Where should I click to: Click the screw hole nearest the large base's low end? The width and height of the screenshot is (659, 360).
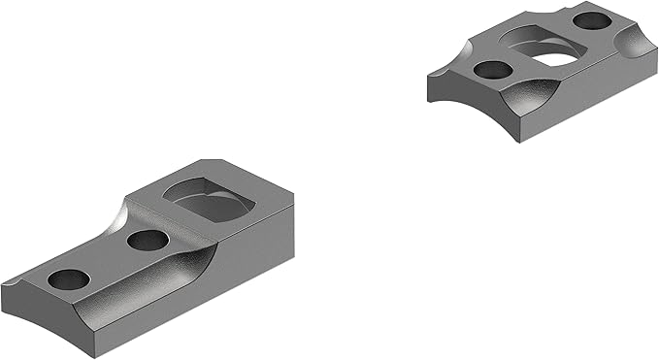pos(69,278)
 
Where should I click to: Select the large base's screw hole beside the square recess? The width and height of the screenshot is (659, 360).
pos(147,240)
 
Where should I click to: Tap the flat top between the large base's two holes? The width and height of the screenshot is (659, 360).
pos(107,259)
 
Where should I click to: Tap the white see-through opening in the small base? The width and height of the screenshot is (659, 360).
pos(556,58)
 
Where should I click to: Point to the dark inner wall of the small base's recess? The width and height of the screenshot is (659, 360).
pos(529,45)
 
